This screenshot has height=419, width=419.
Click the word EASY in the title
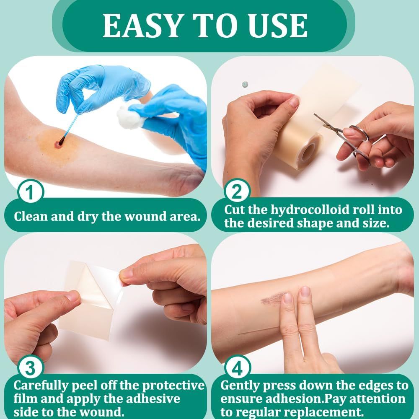click(x=143, y=26)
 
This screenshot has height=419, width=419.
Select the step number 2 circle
click(x=237, y=191)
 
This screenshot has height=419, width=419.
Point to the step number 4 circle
click(x=238, y=368)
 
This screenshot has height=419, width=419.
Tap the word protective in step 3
click(x=173, y=386)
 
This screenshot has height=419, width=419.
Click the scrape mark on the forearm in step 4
click(x=273, y=298)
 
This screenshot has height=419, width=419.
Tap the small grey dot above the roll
click(x=245, y=85)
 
